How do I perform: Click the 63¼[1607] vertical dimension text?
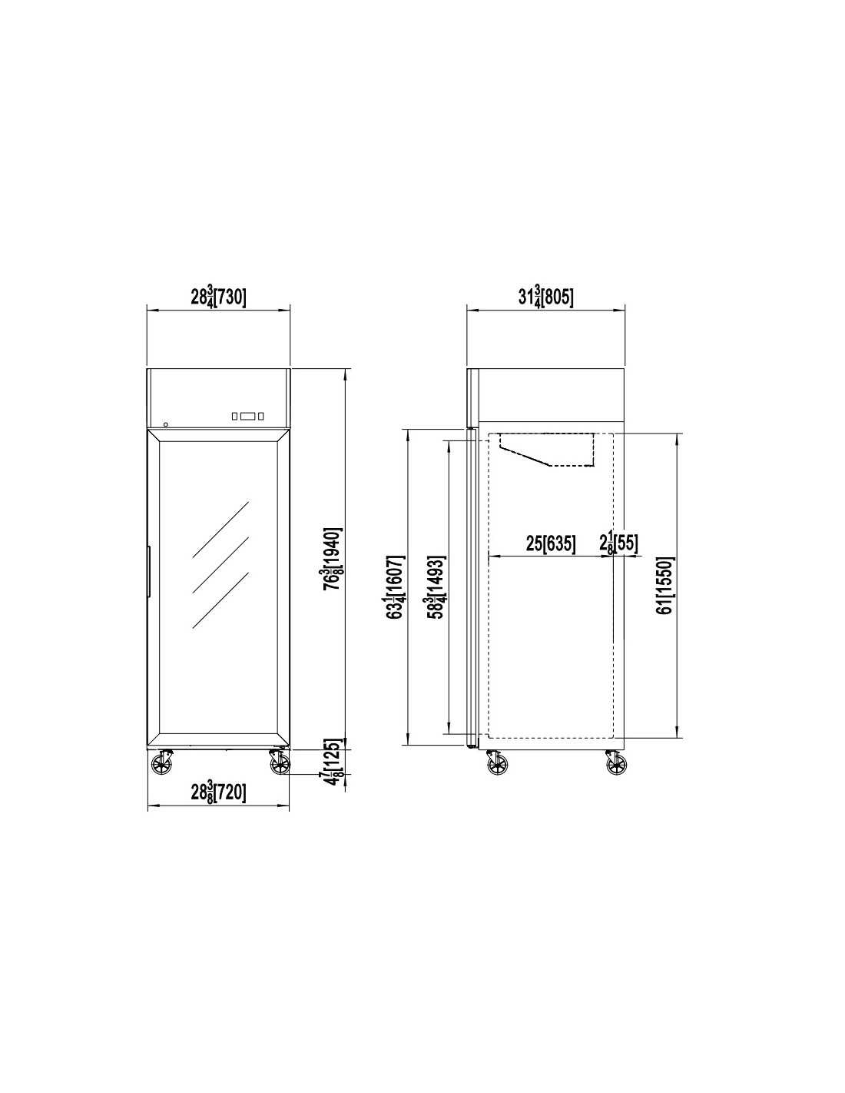pos(396,586)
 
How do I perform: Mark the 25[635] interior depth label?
pos(551,543)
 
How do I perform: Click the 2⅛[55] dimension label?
pos(619,543)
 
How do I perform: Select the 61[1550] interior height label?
pos(666,585)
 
